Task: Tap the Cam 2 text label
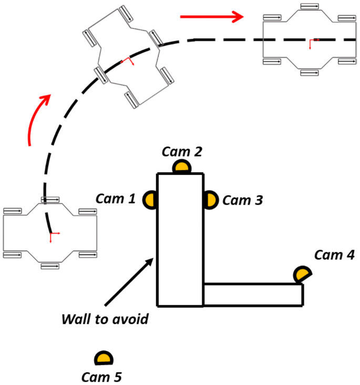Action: click(x=182, y=151)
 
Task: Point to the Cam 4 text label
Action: click(x=334, y=255)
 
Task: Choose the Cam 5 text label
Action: click(x=102, y=377)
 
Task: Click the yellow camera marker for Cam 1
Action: click(x=150, y=200)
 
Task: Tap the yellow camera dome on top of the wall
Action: click(x=181, y=167)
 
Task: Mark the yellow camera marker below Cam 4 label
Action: click(x=302, y=274)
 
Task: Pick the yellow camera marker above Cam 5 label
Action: click(x=103, y=358)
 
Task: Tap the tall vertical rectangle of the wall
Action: click(x=180, y=240)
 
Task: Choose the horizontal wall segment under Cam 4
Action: click(x=252, y=294)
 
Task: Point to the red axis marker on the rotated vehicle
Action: click(x=128, y=62)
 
